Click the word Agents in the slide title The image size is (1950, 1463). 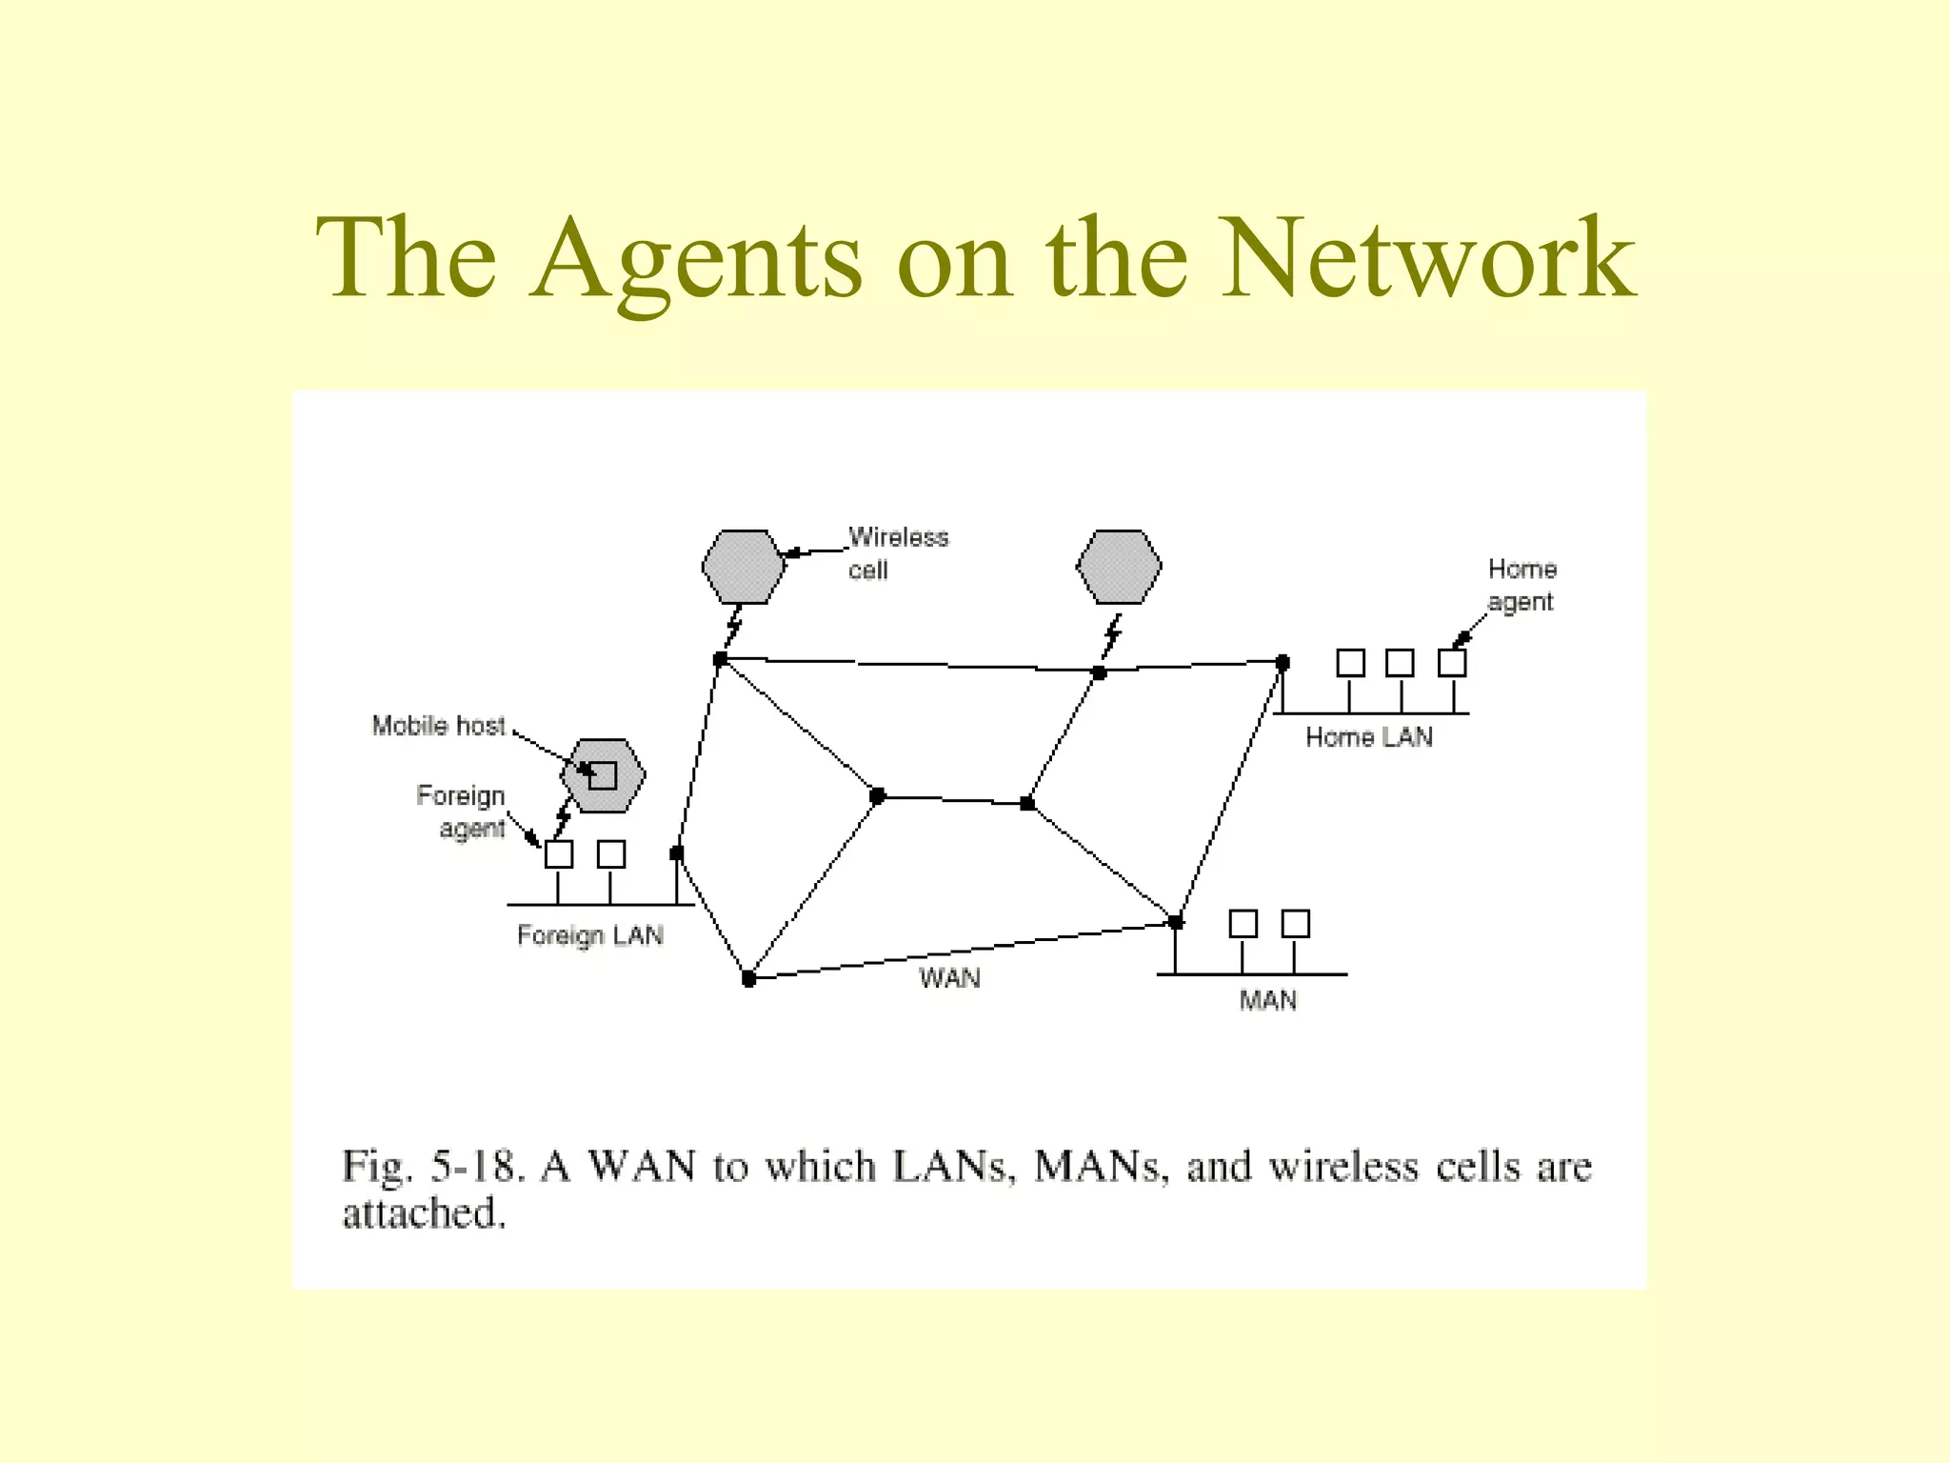point(696,259)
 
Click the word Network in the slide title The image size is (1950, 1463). point(1427,259)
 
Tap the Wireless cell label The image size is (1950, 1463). point(897,553)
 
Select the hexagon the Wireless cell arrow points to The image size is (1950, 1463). point(743,567)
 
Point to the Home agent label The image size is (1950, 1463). point(1522,585)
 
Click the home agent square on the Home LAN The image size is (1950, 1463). point(1452,663)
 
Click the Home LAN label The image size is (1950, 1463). point(1368,737)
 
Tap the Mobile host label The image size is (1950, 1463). point(438,726)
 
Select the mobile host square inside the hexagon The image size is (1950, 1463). point(603,775)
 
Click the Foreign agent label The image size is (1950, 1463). point(462,812)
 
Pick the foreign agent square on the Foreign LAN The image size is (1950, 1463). point(559,854)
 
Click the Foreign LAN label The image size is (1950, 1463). point(589,935)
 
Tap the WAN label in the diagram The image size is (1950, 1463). point(949,978)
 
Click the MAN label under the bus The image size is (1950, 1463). point(1267,1000)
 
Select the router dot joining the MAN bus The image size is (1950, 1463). point(1176,922)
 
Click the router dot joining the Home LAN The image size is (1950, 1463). point(1283,662)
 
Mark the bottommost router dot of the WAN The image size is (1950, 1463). point(749,978)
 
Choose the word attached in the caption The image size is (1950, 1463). point(424,1213)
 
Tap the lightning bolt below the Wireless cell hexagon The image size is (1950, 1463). point(733,628)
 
